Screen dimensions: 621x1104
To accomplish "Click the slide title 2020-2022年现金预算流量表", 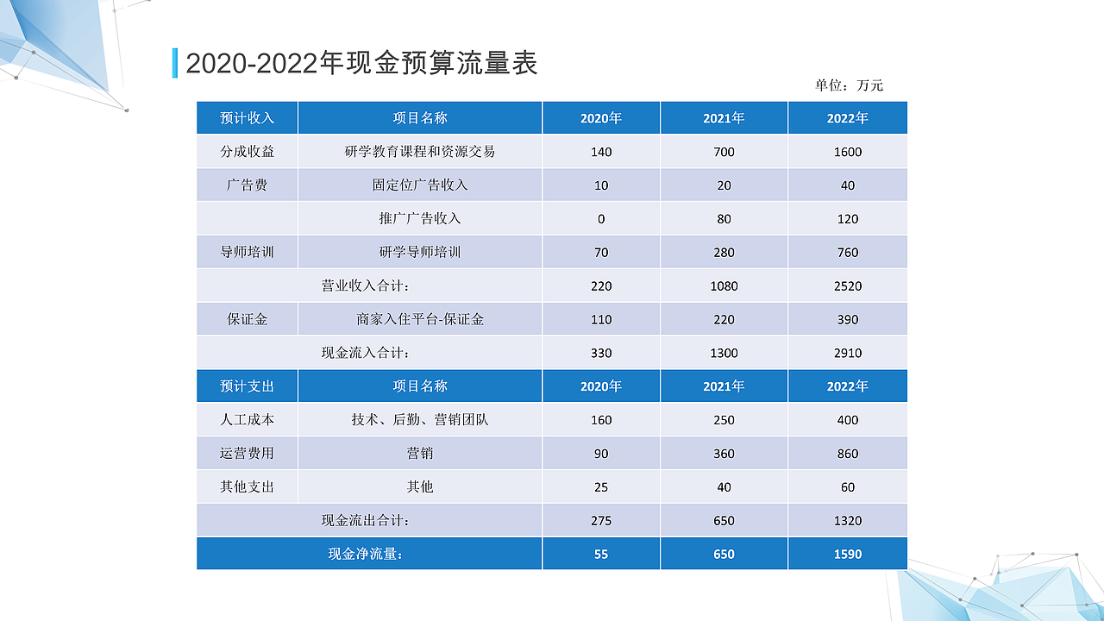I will point(361,63).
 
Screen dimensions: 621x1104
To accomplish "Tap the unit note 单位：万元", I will point(849,85).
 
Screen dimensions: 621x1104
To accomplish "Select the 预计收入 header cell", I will point(248,118).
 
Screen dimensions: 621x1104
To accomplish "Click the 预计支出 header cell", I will point(248,386).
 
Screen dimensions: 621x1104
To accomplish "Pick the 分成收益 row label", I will point(248,152).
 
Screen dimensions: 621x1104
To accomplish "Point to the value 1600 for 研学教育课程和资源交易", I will point(848,152).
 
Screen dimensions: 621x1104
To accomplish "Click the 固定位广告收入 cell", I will point(420,185).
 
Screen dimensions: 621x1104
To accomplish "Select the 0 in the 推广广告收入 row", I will point(601,219).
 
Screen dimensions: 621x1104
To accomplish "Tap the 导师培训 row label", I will point(248,253).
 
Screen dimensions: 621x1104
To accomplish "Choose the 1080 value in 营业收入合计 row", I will point(724,286).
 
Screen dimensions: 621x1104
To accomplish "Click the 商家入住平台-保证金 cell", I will point(420,319).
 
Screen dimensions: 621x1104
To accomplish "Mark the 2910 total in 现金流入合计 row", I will point(848,353).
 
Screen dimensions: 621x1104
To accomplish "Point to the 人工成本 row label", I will point(248,420).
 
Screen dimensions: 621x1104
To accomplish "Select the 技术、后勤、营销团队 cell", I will point(420,420).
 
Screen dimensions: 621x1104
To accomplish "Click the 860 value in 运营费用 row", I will point(848,454).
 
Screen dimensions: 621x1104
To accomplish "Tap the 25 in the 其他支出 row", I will point(601,487).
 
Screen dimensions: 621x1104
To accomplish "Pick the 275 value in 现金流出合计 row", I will point(601,521).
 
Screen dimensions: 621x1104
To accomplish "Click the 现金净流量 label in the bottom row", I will point(366,554).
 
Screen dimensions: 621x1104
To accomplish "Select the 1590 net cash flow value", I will point(848,554).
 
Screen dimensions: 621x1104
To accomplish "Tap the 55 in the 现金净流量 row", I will point(601,554).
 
